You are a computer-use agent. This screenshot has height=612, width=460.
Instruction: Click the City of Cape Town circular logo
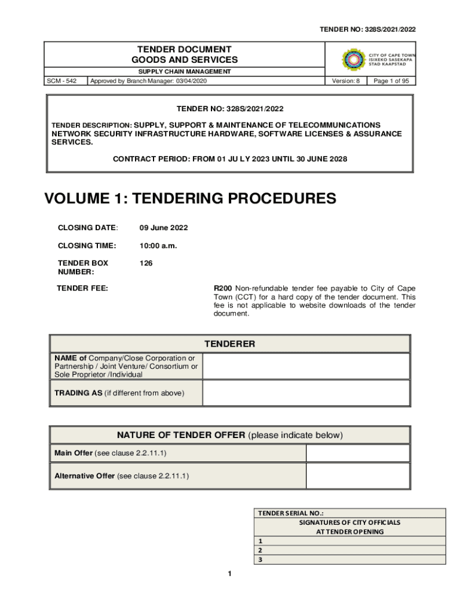(353, 60)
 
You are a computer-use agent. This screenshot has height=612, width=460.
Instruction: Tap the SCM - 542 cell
(66, 81)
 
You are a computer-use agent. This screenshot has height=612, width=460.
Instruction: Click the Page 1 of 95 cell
(391, 81)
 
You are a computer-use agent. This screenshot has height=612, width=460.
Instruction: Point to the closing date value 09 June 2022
(164, 228)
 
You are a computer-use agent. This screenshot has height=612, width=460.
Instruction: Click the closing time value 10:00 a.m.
(158, 246)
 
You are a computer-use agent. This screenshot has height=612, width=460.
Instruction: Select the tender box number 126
(146, 263)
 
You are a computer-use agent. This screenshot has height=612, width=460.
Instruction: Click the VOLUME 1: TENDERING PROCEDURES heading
(191, 199)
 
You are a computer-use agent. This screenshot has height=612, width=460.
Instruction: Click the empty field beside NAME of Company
(306, 366)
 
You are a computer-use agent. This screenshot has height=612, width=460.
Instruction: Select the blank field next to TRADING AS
(306, 393)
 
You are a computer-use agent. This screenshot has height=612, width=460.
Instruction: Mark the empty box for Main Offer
(357, 453)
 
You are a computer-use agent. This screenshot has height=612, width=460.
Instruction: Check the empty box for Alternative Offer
(357, 476)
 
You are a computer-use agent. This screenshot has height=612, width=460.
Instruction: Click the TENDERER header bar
(230, 344)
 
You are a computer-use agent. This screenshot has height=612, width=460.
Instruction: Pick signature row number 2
(350, 550)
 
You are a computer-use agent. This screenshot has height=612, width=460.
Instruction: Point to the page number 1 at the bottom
(229, 574)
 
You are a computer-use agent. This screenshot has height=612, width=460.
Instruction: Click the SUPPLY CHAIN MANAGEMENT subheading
(185, 72)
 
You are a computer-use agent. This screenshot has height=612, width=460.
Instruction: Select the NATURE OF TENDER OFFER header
(230, 435)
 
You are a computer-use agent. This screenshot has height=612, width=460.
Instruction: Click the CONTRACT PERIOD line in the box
(230, 159)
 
